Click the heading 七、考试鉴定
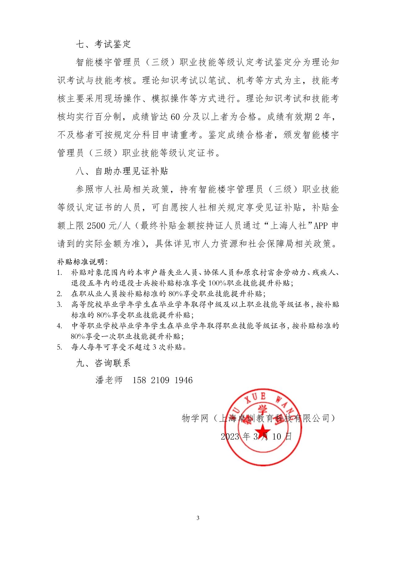pyautogui.click(x=103, y=44)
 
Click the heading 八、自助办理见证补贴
pyautogui.click(x=122, y=171)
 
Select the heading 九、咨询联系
pyautogui.click(x=103, y=363)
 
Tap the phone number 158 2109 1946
pyautogui.click(x=162, y=380)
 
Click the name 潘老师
pyautogui.click(x=109, y=380)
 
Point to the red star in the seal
pyautogui.click(x=263, y=431)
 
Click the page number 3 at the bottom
pyautogui.click(x=198, y=518)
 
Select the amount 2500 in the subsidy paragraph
pyautogui.click(x=96, y=226)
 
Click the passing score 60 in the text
pyautogui.click(x=175, y=117)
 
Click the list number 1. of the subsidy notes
pyautogui.click(x=59, y=273)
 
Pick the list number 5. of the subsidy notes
pyautogui.click(x=59, y=347)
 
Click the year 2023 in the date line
pyautogui.click(x=230, y=437)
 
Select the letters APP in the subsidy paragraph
pyautogui.click(x=321, y=226)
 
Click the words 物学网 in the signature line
pyautogui.click(x=195, y=418)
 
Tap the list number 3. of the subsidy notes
pyautogui.click(x=59, y=305)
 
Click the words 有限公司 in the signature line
pyautogui.click(x=312, y=418)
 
